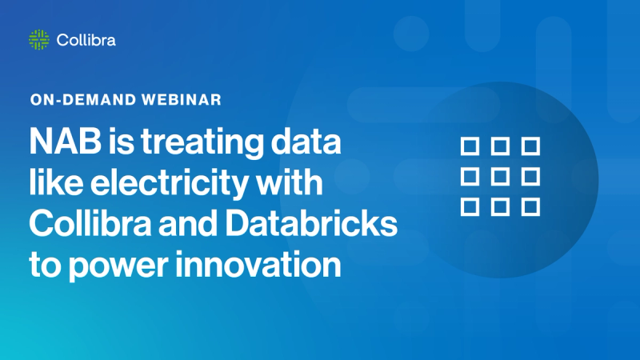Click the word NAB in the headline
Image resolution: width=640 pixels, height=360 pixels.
tap(58, 146)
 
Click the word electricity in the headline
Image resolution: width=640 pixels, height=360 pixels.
tap(161, 186)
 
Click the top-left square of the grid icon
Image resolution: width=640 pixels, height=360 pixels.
tap(470, 146)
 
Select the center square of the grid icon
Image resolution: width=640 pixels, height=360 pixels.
tap(500, 177)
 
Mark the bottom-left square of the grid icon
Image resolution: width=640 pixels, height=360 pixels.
tap(470, 207)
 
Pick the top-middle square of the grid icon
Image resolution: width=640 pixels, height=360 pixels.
tap(500, 146)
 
